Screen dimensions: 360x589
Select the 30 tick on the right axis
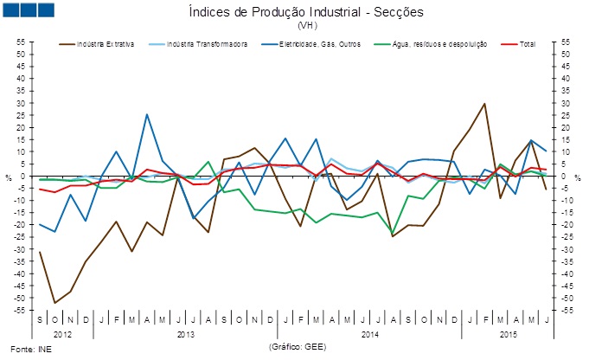tap(567, 103)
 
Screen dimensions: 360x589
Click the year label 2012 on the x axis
tap(63, 333)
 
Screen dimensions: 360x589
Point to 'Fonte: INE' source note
tap(24, 349)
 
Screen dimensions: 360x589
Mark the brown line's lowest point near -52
tap(55, 303)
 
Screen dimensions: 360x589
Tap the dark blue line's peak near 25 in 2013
tap(147, 114)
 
